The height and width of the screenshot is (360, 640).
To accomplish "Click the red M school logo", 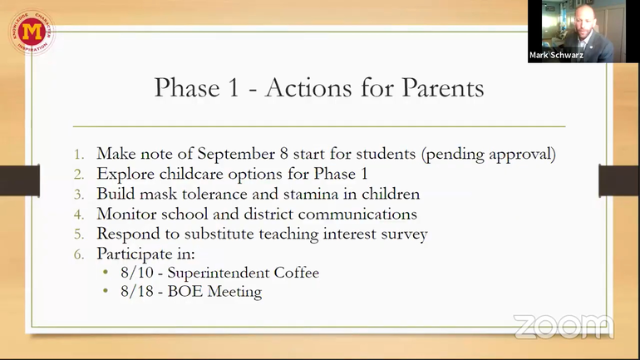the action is (32, 32).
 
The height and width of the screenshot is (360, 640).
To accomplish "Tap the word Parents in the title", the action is (443, 87).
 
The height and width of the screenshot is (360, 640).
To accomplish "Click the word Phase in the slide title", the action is (187, 87).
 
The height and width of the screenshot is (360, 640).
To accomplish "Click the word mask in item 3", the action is (159, 194).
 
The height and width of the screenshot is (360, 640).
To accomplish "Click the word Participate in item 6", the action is (135, 254).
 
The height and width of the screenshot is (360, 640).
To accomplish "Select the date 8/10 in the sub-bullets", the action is (137, 273).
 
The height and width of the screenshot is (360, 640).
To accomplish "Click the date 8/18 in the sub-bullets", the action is (137, 292).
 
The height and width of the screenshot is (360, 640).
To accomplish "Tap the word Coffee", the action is (297, 273).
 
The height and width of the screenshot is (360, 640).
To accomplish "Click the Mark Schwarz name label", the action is (556, 55).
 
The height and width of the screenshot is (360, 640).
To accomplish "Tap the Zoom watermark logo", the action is (564, 327).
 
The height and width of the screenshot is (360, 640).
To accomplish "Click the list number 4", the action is (78, 215).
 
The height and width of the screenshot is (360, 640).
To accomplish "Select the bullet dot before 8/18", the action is (106, 291).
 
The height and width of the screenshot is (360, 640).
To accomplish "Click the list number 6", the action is (78, 254).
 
